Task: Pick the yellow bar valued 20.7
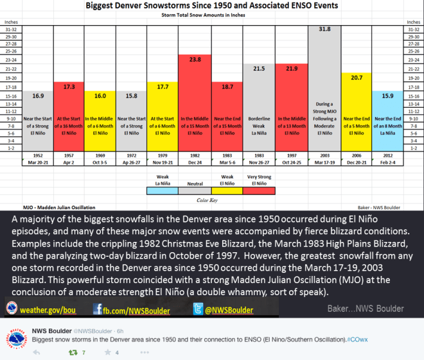tap(357, 109)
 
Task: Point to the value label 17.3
tap(69, 85)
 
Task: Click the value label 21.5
tap(259, 68)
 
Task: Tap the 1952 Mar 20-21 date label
tap(37, 160)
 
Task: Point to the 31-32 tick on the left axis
tap(11, 30)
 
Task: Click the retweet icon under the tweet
tap(73, 352)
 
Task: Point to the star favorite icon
tap(107, 352)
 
